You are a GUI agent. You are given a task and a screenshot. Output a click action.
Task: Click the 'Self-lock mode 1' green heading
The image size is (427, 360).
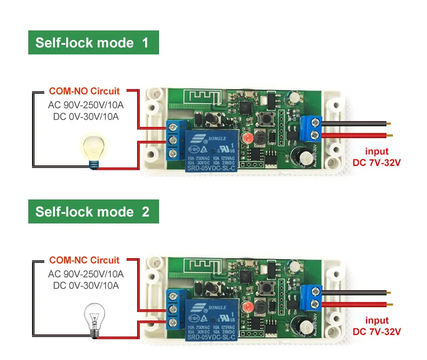click(92, 43)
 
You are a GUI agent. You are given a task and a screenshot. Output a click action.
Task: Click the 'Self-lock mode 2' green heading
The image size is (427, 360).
click(92, 211)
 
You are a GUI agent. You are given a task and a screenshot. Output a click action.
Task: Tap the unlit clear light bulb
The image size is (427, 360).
click(95, 318)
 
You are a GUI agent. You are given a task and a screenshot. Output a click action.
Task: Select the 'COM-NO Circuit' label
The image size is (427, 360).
click(84, 91)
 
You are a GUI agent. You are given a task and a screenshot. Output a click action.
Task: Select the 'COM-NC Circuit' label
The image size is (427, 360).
click(84, 260)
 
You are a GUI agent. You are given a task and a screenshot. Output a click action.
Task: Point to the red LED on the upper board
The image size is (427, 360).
click(248, 139)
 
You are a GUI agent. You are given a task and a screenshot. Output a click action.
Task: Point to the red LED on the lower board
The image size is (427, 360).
click(246, 307)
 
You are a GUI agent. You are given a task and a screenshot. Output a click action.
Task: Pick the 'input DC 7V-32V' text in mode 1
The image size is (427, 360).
click(377, 156)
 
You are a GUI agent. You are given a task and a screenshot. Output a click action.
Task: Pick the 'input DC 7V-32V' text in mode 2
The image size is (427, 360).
click(377, 326)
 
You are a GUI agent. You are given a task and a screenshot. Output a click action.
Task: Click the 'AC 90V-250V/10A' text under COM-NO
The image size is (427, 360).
click(86, 105)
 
